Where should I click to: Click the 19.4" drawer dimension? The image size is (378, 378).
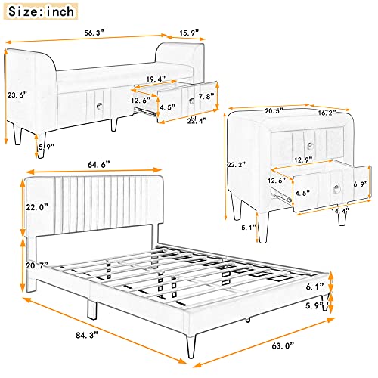pyautogui.click(x=156, y=79)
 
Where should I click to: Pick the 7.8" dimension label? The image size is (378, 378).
pyautogui.click(x=206, y=97)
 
